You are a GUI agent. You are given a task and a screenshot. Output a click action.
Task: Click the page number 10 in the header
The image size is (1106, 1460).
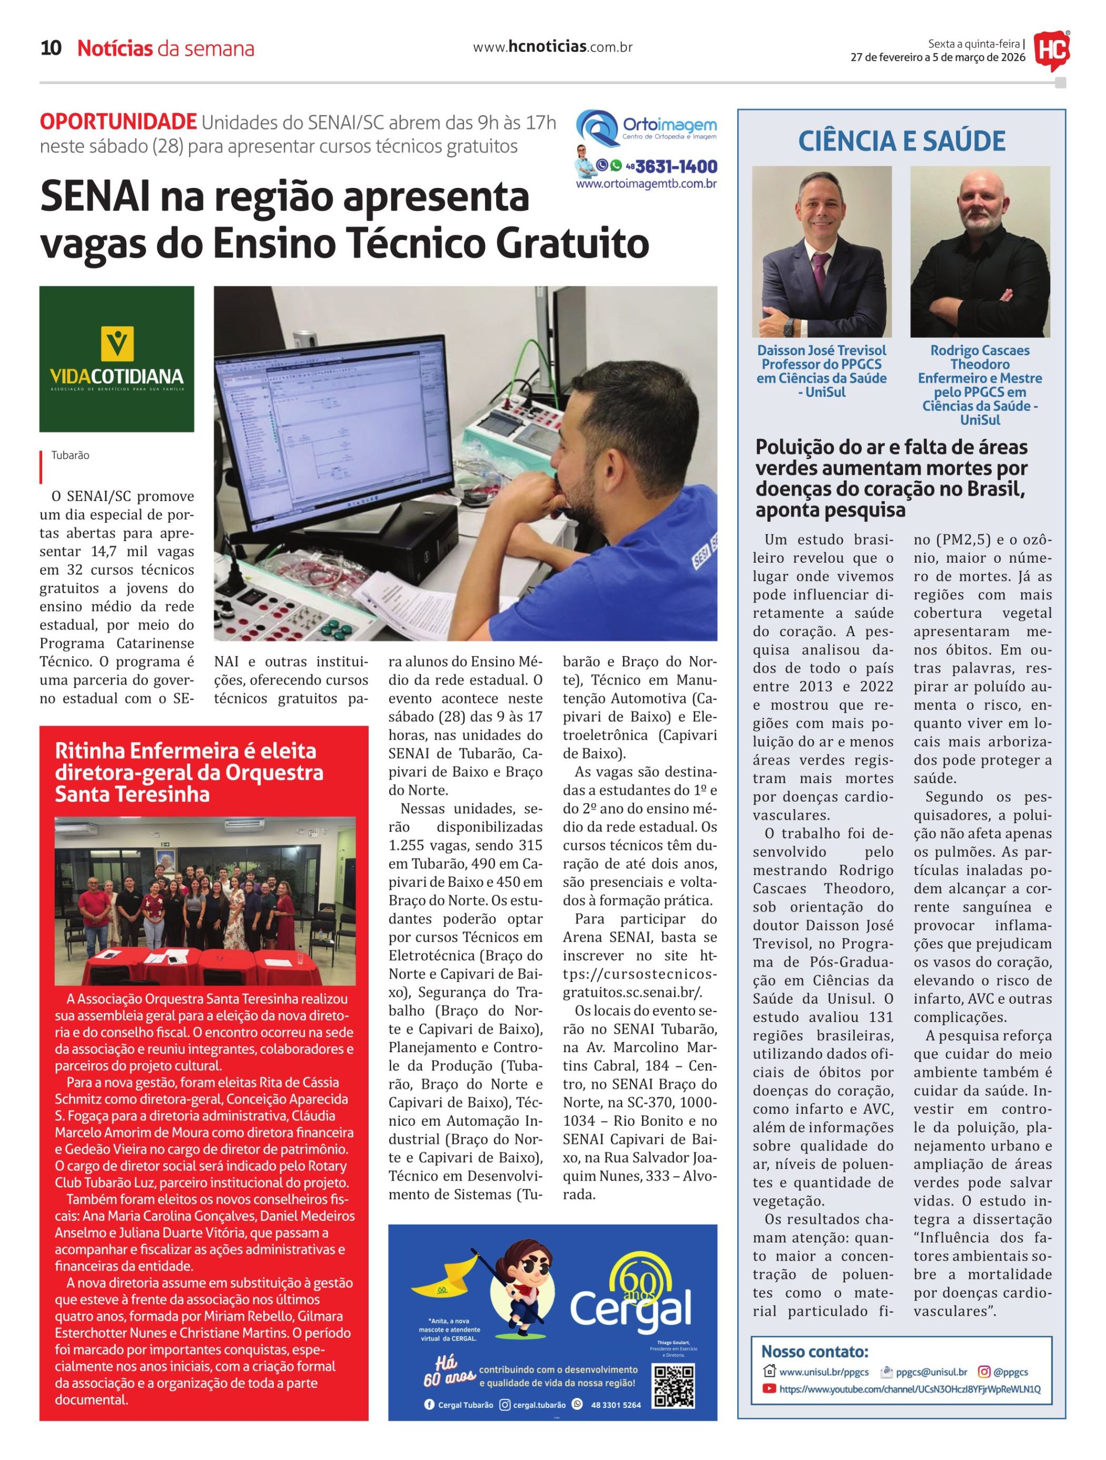(x=51, y=48)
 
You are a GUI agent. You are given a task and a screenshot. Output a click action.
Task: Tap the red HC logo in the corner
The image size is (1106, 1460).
(x=1051, y=49)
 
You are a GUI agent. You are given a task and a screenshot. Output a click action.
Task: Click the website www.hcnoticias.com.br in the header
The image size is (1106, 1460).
(x=552, y=47)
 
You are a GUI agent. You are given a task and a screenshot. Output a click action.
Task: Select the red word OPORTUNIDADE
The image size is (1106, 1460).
(x=118, y=122)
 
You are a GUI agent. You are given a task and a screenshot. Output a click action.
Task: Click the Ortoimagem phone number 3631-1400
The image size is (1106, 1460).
(x=676, y=166)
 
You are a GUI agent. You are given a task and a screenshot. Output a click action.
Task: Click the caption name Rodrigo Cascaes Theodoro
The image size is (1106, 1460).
(x=980, y=357)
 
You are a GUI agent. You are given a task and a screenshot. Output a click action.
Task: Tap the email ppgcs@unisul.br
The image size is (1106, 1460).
(x=931, y=1372)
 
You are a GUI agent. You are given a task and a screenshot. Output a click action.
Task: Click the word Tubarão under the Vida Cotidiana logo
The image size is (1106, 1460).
(x=71, y=455)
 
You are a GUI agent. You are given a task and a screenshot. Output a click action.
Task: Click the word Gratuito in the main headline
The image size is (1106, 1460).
(x=572, y=244)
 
